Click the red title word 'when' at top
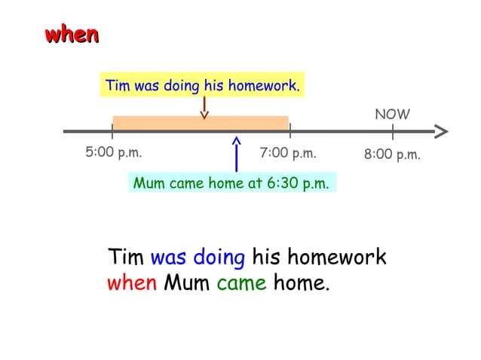pyautogui.click(x=72, y=35)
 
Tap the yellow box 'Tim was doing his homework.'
pyautogui.click(x=203, y=86)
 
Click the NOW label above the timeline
pyautogui.click(x=392, y=114)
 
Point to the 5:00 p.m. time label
pyautogui.click(x=113, y=153)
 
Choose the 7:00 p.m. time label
pyautogui.click(x=287, y=154)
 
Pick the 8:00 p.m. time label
pyautogui.click(x=391, y=155)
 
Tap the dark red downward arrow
pyautogui.click(x=204, y=108)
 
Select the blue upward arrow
pyautogui.click(x=237, y=154)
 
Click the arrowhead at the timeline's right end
pyautogui.click(x=441, y=131)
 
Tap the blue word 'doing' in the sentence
pyautogui.click(x=219, y=258)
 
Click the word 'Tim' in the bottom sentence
pyautogui.click(x=126, y=257)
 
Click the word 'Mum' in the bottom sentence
pyautogui.click(x=187, y=285)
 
